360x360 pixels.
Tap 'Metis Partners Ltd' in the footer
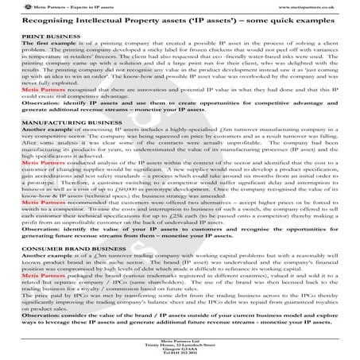(180, 337)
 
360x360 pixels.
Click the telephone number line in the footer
(180, 353)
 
